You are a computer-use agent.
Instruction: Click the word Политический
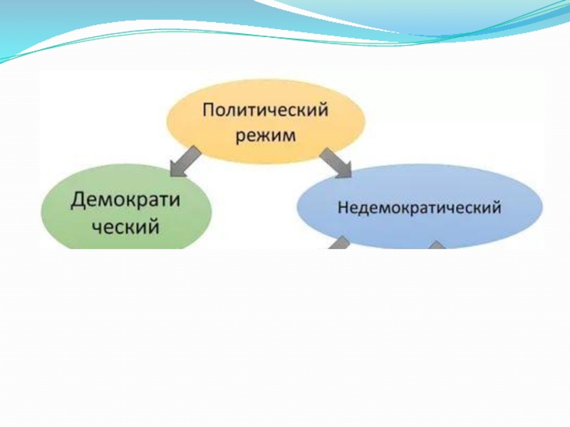pyautogui.click(x=265, y=111)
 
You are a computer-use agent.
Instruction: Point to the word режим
pyautogui.click(x=266, y=135)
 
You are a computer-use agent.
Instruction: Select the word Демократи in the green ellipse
pyautogui.click(x=125, y=201)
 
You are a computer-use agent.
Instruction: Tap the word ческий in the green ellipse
pyautogui.click(x=124, y=228)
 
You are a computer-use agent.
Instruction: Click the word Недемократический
pyautogui.click(x=419, y=209)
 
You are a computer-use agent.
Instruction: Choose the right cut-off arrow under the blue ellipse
pyautogui.click(x=436, y=245)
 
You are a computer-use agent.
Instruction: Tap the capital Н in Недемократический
pyautogui.click(x=342, y=209)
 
